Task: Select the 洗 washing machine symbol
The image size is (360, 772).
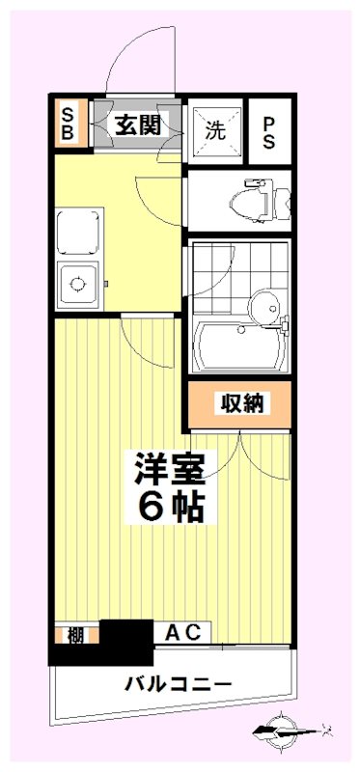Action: point(214,129)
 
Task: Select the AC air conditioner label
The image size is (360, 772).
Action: point(182,633)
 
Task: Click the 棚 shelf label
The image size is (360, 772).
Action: point(73,634)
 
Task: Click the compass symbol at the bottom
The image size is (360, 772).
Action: point(286,729)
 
